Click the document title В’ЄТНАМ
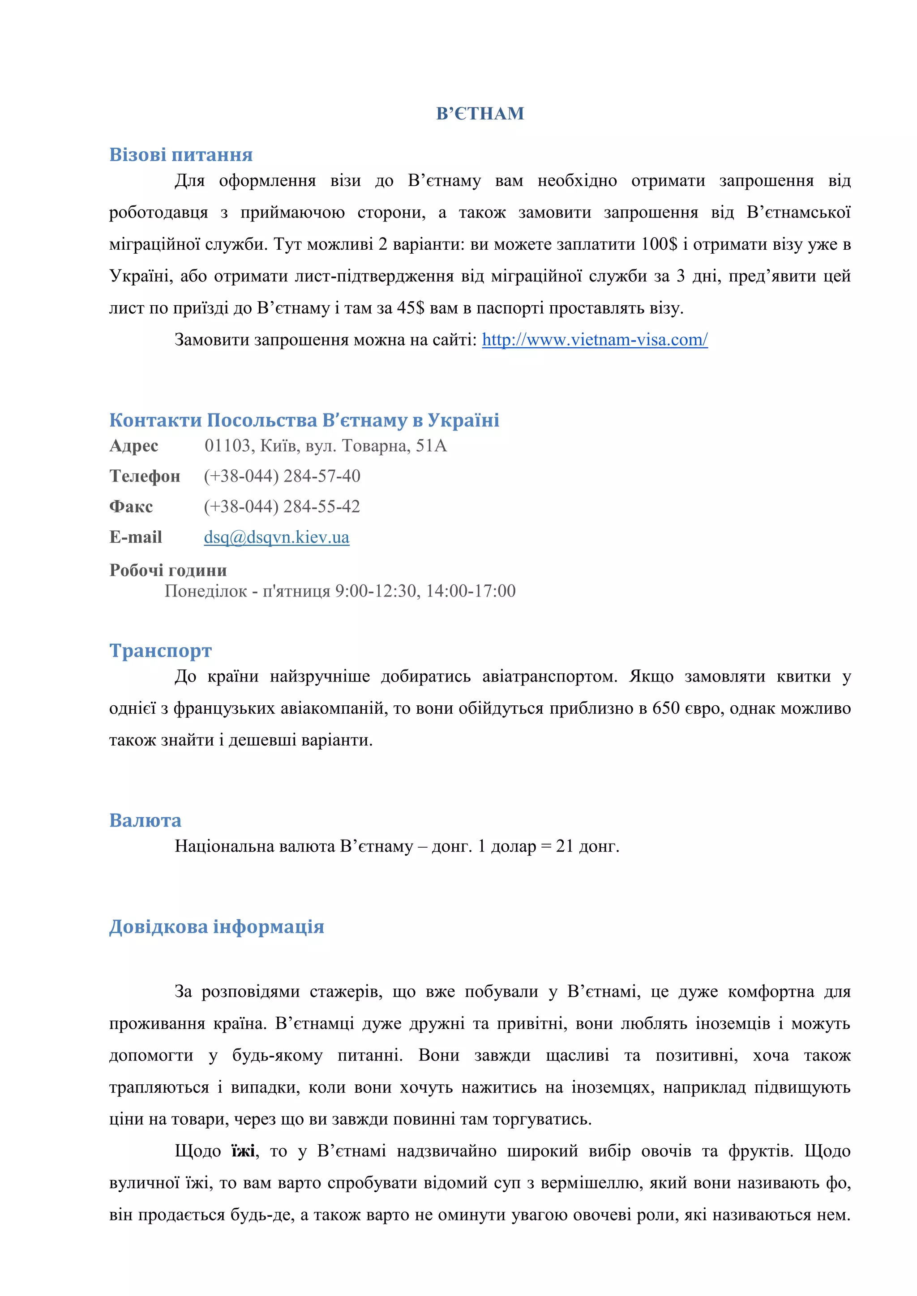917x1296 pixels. click(480, 114)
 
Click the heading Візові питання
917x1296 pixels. click(181, 155)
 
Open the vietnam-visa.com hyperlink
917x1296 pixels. click(595, 340)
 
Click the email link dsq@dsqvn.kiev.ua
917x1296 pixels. click(277, 537)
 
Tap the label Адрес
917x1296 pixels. click(134, 446)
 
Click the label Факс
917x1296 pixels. click(131, 506)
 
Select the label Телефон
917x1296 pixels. click(145, 476)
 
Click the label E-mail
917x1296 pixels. click(136, 537)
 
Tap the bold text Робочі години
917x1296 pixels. click(168, 570)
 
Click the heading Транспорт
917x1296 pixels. click(160, 650)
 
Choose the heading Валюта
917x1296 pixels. click(145, 820)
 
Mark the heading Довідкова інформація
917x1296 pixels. click(216, 926)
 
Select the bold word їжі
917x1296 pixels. click(243, 1151)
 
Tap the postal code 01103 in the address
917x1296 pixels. click(227, 446)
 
